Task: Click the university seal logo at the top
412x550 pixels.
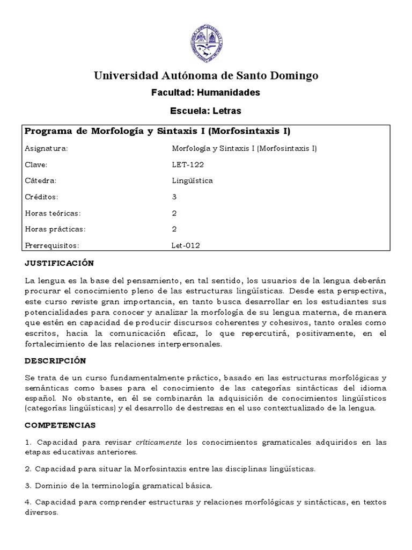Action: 206,41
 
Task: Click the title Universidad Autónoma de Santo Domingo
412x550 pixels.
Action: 206,75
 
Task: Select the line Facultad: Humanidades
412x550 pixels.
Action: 206,92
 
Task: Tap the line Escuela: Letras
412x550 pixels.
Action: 206,111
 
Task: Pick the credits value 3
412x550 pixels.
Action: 174,197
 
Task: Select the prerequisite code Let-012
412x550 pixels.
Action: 187,245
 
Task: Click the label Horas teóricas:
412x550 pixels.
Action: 53,213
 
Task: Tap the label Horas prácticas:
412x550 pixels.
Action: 55,229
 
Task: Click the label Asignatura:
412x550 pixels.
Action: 46,148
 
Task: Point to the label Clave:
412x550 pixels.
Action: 36,164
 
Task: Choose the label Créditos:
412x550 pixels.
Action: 41,197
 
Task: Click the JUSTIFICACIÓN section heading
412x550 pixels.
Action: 60,263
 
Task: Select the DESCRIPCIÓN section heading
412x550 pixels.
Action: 55,360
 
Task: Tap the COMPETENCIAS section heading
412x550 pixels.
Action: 60,425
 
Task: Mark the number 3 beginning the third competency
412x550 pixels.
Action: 27,486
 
